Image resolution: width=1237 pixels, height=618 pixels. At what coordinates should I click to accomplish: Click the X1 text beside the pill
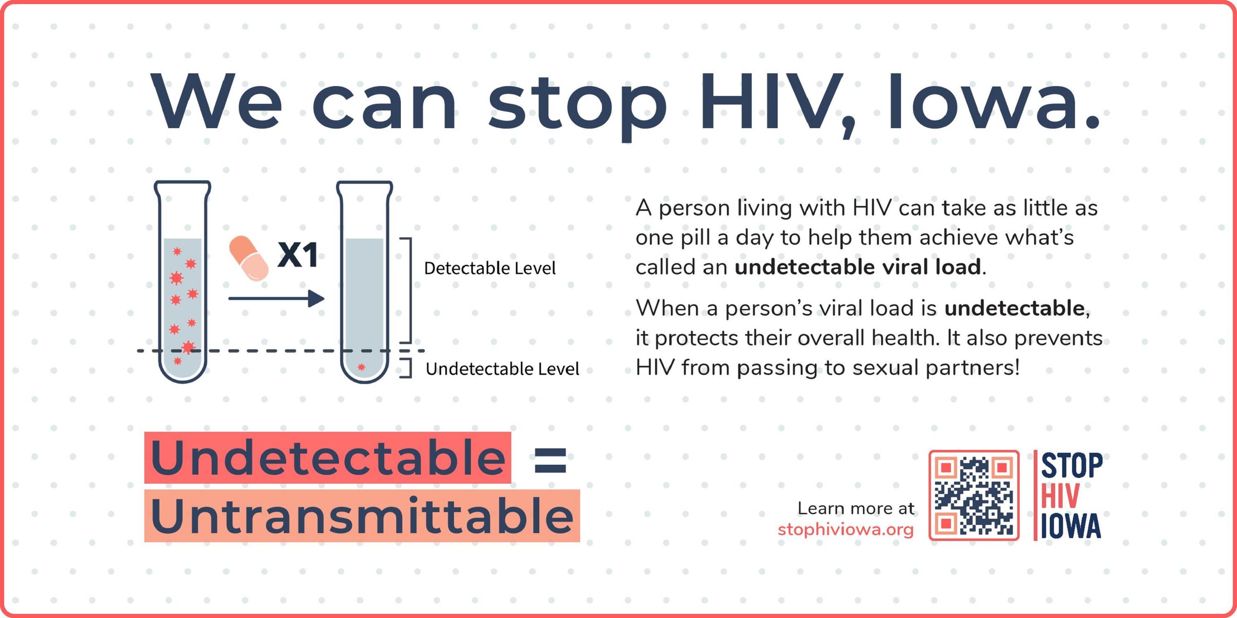click(298, 254)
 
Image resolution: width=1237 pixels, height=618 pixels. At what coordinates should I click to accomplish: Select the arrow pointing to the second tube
click(276, 298)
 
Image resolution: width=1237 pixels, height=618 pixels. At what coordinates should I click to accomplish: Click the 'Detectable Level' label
click(490, 268)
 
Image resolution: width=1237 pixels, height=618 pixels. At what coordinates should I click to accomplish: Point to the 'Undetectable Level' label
click(502, 369)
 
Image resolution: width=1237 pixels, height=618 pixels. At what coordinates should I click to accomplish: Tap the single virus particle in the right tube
click(362, 368)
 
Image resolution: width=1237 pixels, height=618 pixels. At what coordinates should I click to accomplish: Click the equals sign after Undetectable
click(550, 460)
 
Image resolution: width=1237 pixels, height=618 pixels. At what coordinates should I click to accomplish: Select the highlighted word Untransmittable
click(362, 516)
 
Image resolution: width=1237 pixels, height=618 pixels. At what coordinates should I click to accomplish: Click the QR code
click(974, 495)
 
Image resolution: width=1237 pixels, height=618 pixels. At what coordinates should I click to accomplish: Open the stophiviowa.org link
click(846, 530)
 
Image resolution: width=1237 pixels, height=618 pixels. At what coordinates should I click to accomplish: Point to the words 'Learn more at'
click(856, 508)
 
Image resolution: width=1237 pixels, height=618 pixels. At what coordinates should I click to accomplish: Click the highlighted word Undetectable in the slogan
click(327, 457)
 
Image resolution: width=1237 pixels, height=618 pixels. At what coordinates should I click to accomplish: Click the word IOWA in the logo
click(1071, 526)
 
